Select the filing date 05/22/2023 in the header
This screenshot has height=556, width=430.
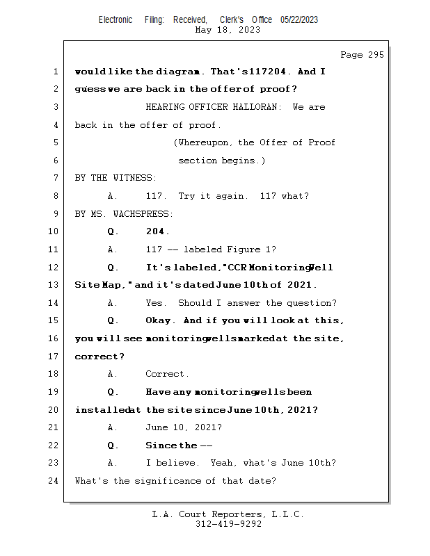[x=299, y=20]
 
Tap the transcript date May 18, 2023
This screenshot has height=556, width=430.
[x=228, y=30]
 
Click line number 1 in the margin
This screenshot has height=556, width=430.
[x=55, y=72]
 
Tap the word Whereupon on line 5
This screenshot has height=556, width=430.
[x=205, y=142]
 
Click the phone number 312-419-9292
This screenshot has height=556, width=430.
[x=228, y=524]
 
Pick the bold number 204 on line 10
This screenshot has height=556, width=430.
[x=157, y=231]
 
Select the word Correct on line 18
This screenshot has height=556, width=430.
[x=166, y=374]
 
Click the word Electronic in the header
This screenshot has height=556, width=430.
[x=116, y=20]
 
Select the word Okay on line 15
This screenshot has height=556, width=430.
[x=161, y=320]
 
